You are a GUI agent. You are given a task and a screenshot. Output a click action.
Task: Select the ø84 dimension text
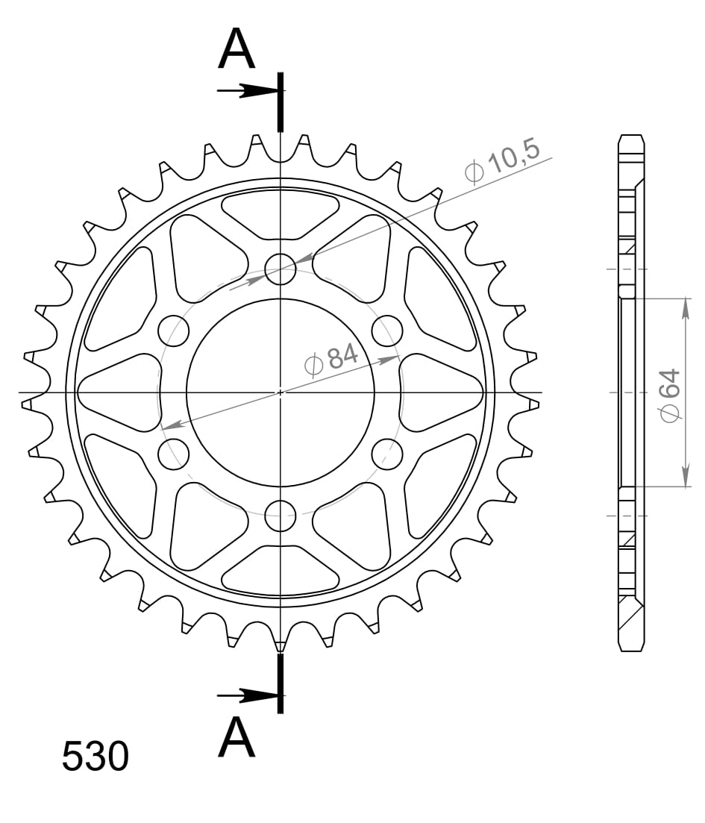point(332,360)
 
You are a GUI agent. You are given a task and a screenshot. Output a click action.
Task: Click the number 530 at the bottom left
point(95,757)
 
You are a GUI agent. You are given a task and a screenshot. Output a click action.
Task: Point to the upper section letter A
point(236,50)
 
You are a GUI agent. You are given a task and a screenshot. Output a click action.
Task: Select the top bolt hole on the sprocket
point(281,269)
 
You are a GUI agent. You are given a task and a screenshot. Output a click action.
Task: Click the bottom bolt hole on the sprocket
point(281,513)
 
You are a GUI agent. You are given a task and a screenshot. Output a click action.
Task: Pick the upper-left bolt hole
point(175,331)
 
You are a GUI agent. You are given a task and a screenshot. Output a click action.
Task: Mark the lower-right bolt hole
point(386,453)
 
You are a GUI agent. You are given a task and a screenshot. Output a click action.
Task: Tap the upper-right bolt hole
point(386,331)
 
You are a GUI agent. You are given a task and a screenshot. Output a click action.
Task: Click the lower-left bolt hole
point(175,453)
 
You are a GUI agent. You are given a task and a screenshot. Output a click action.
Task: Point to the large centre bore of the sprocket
point(281,392)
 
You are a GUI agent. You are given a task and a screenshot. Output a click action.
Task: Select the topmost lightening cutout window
point(281,213)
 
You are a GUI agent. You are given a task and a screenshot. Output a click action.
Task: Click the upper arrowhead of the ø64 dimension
point(685,307)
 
